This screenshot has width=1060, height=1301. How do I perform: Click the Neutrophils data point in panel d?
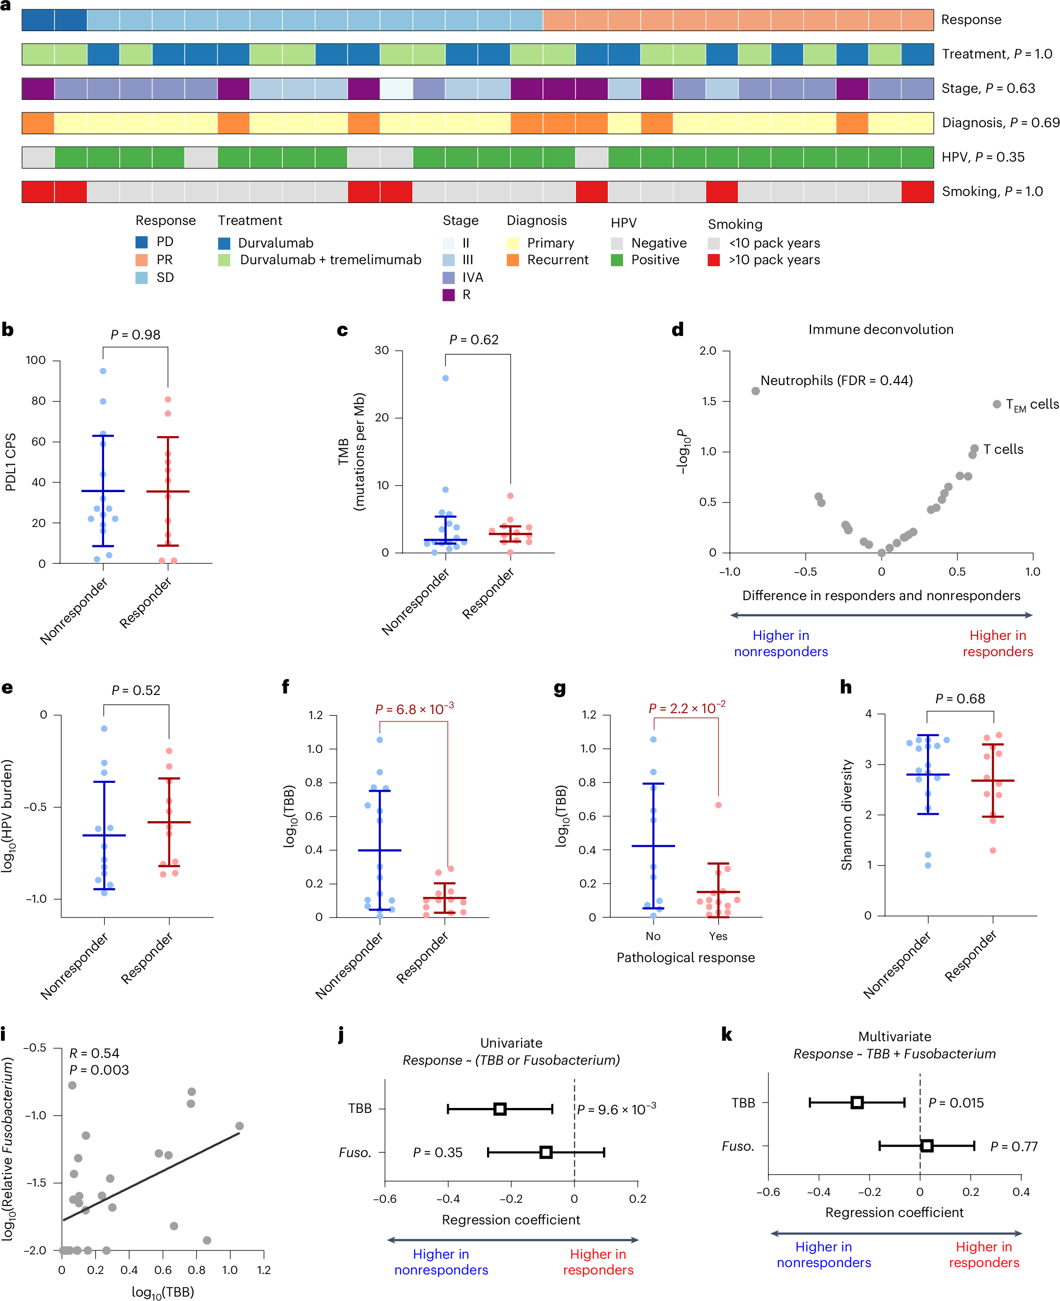click(755, 391)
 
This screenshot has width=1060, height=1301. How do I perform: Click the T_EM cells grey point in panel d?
click(997, 404)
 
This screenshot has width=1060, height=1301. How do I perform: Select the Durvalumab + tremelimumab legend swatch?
click(224, 260)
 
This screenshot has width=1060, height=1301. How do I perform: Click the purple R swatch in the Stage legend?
click(449, 295)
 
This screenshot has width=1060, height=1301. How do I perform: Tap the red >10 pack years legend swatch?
click(714, 260)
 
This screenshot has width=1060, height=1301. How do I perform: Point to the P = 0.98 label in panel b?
click(135, 335)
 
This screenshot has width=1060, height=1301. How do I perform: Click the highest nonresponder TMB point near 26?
click(445, 378)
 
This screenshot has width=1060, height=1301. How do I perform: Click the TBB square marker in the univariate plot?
click(499, 1108)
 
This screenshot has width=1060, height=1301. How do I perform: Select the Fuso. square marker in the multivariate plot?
click(926, 1146)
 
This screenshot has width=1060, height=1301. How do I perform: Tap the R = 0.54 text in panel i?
click(94, 1053)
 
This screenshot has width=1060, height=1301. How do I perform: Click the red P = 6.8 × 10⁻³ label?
click(414, 709)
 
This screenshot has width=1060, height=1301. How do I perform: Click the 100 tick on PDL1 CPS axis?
click(35, 360)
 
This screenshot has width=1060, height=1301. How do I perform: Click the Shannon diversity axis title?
click(846, 815)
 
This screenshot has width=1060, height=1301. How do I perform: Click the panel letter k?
click(726, 1035)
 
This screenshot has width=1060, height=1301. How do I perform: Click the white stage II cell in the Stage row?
click(396, 88)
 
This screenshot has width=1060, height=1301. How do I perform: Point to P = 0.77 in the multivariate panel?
click(1013, 1146)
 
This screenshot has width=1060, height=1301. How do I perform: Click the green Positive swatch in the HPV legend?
click(617, 260)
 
